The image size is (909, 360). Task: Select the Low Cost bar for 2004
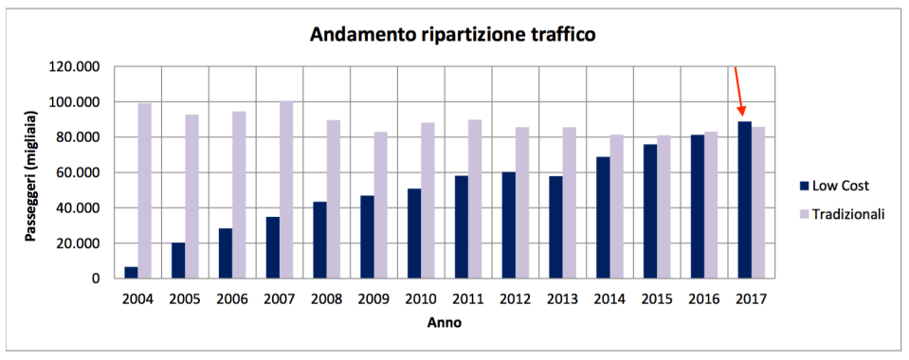[131, 272]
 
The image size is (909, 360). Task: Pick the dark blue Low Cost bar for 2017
[745, 200]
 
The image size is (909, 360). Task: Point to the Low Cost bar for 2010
[414, 233]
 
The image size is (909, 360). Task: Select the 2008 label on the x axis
[327, 299]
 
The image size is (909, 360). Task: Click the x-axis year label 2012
[516, 299]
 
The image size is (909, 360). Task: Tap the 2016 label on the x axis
[704, 299]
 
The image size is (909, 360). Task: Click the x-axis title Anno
[445, 323]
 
